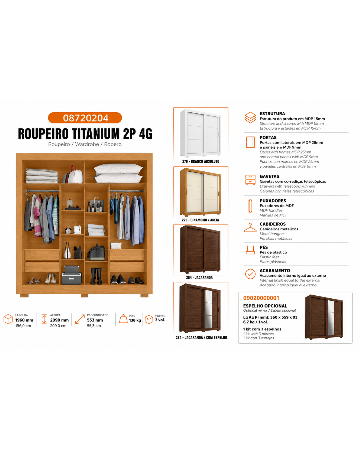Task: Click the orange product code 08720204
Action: pos(86,118)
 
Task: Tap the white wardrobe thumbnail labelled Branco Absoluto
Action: pos(200,133)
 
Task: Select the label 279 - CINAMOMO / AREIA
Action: pos(200,220)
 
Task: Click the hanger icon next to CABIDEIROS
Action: pos(250,228)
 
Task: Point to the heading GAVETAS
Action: pos(269,176)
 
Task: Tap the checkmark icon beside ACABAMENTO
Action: pos(250,274)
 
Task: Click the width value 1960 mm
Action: pos(24,320)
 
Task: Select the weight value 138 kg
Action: pos(135,320)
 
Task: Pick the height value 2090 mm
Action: pos(59,320)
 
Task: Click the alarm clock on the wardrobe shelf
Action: pos(68,230)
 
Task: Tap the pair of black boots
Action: pos(96,276)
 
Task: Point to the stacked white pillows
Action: pos(118,173)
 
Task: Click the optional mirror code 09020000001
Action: pos(261,298)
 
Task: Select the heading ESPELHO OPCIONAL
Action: pos(265,306)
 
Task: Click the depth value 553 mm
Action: pos(95,320)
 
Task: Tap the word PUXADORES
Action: pos(273,201)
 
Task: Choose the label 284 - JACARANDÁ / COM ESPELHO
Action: pos(201,337)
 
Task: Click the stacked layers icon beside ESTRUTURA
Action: pos(250,117)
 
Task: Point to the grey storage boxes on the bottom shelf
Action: pos(72,275)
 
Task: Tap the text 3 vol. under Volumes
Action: pos(160,320)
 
